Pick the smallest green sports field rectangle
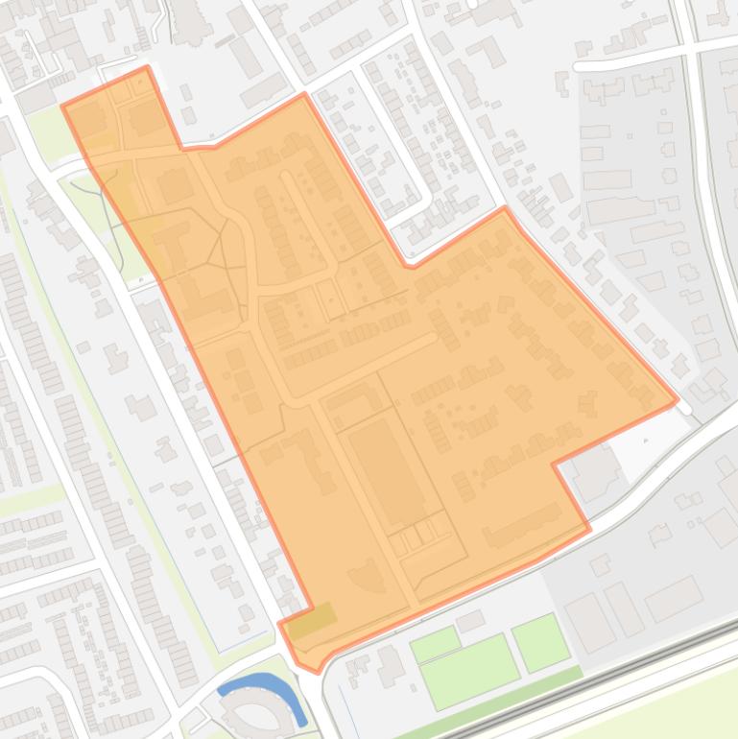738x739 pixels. point(435,644)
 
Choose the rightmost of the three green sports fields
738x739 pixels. point(540,641)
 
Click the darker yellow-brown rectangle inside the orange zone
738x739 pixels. point(313,621)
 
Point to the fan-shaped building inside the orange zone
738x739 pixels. point(366,575)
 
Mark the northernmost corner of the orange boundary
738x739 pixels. point(147,66)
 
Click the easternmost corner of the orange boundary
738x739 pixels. point(678,399)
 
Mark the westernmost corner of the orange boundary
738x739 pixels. point(62,106)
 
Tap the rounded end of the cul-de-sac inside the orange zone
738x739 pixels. point(286,177)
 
